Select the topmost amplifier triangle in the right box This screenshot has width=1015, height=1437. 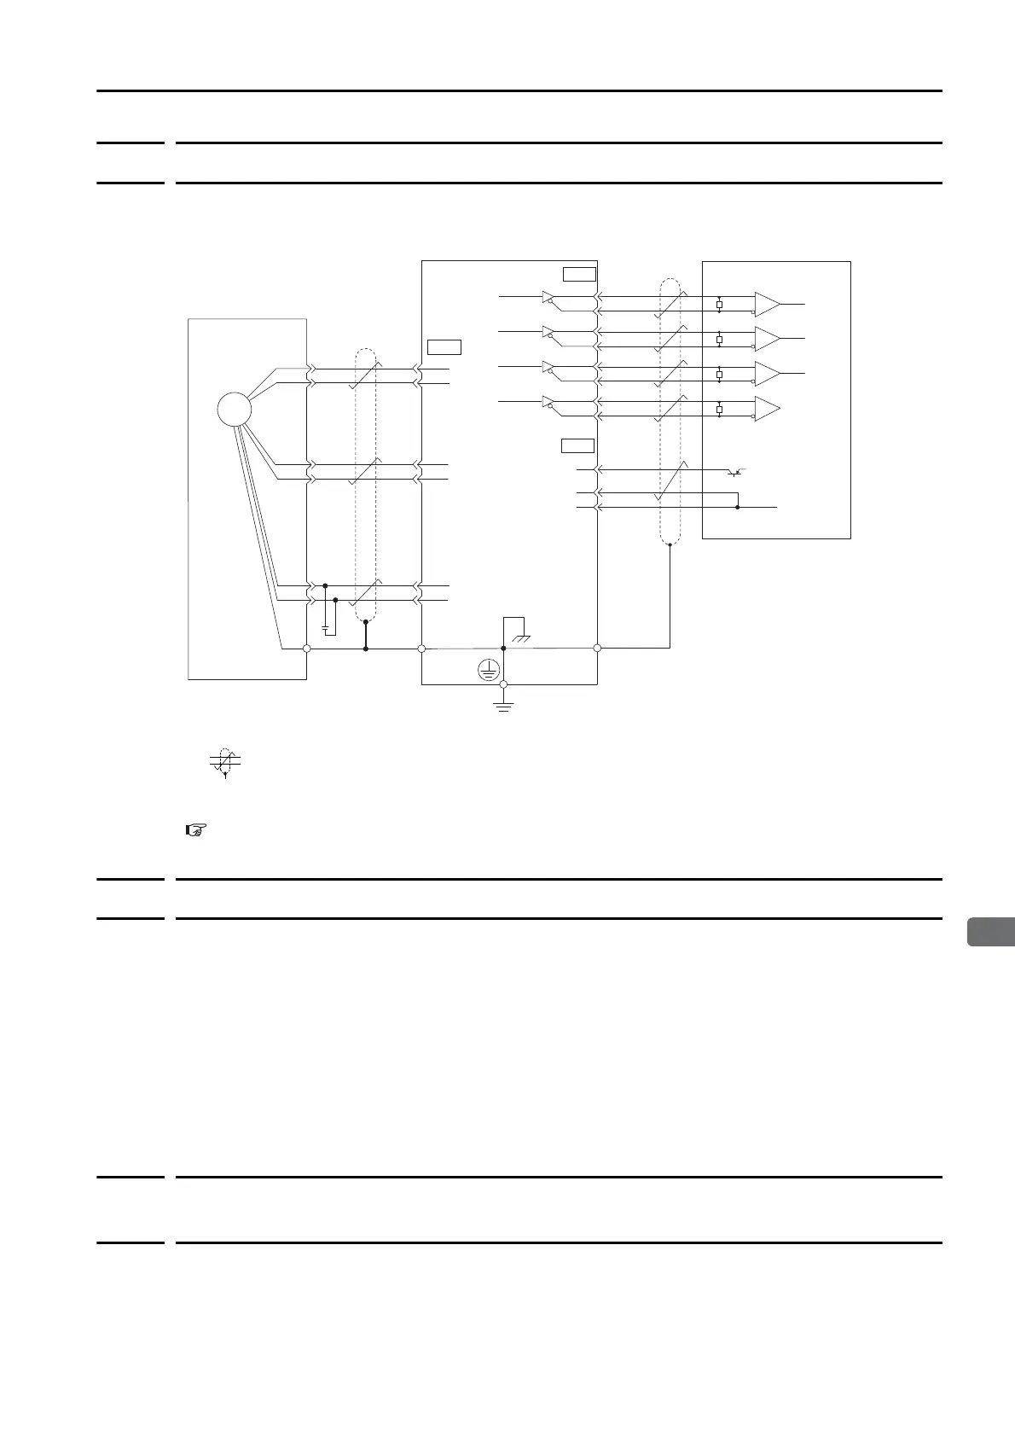coord(766,304)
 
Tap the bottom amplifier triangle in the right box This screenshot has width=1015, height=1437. coord(766,410)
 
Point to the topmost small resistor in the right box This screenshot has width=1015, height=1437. coord(720,305)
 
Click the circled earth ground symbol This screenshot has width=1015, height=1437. coord(487,672)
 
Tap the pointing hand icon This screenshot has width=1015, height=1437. coord(196,829)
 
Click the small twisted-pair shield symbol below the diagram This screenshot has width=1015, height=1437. coord(225,761)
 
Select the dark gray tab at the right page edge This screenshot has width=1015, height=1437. coord(991,932)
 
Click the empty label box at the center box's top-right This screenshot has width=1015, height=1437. coord(579,273)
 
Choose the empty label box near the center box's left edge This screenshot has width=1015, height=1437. coord(444,346)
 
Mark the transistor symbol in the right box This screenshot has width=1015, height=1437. coord(737,471)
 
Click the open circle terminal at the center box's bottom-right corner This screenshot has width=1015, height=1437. coord(597,649)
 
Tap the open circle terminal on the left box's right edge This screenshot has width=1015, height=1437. coord(306,649)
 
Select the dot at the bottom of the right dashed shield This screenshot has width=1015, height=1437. coord(670,544)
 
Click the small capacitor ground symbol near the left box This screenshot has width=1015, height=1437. coord(326,627)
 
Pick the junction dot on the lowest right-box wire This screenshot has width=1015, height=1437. coord(737,507)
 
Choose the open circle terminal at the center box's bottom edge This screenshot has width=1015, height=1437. coord(503,684)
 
